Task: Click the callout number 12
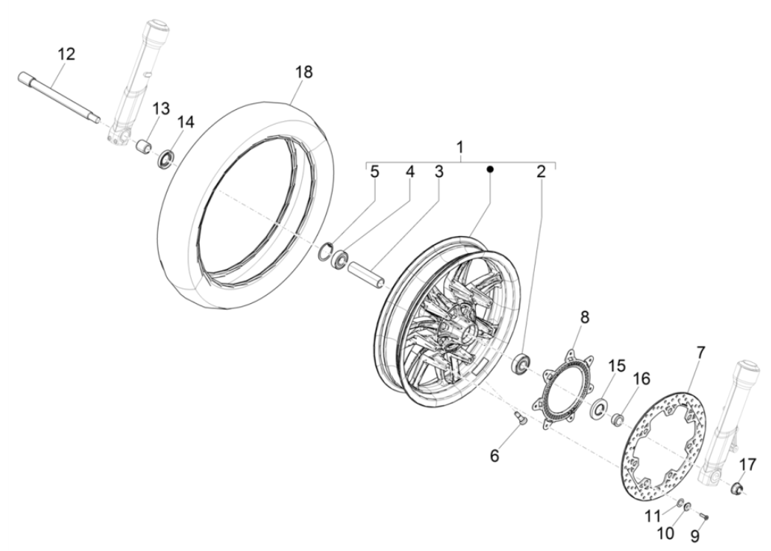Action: [x=66, y=54]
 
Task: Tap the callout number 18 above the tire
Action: [x=304, y=72]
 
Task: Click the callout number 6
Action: [x=494, y=456]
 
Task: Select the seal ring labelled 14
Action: [x=167, y=158]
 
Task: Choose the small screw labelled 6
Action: [x=517, y=418]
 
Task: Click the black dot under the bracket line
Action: [x=490, y=169]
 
